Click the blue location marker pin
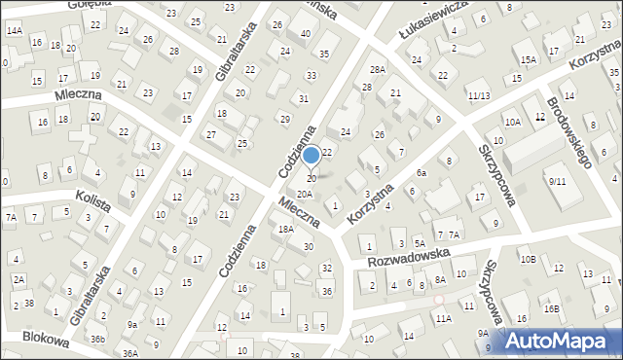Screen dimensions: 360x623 (x=311, y=156)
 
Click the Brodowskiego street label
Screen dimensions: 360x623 (x=569, y=132)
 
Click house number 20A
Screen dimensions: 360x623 (x=305, y=195)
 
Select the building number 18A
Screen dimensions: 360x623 (x=285, y=230)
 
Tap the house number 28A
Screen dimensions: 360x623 (x=377, y=70)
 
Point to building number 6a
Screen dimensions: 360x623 (x=421, y=172)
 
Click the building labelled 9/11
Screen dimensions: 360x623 (x=557, y=181)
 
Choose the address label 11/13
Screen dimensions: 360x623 (x=478, y=95)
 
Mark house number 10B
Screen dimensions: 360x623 (x=528, y=259)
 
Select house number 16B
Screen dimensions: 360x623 (x=551, y=308)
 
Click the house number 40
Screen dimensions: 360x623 (x=305, y=34)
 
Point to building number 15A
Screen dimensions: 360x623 (x=528, y=60)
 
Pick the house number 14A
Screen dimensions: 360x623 (x=14, y=30)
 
